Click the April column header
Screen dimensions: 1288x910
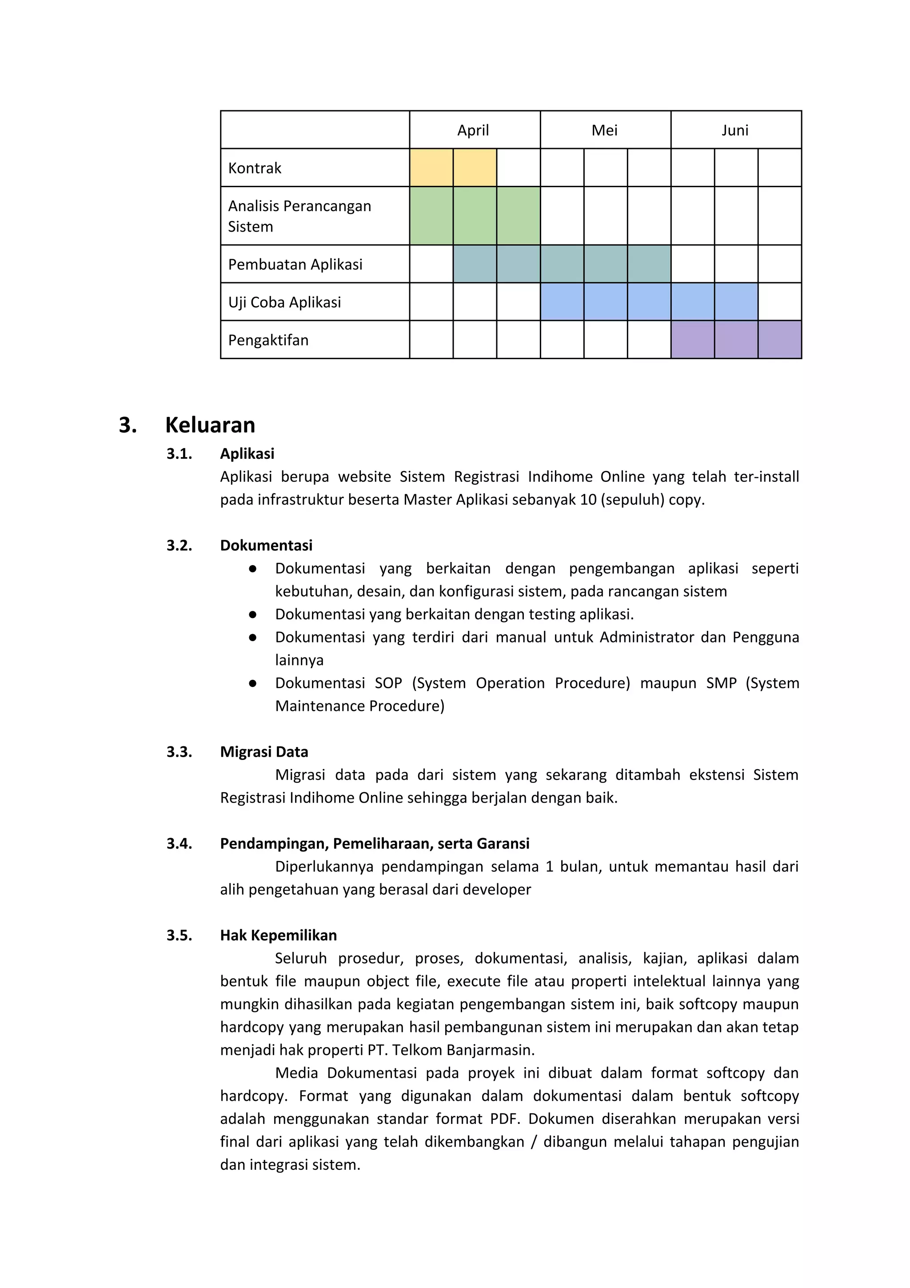pos(473,130)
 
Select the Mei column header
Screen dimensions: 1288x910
pos(604,130)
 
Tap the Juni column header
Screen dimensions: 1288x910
pos(735,130)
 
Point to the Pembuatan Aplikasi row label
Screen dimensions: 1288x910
pos(295,264)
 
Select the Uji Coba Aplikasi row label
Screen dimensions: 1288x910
pos(284,302)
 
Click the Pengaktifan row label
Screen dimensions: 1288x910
pos(268,340)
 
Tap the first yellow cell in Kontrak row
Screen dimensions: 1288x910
pos(431,168)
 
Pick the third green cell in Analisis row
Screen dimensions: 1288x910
pos(518,216)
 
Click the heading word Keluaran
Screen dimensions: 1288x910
pos(210,425)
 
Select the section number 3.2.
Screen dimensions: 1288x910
pos(180,545)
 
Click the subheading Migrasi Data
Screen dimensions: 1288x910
pos(264,752)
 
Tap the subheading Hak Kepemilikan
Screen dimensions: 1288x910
pos(278,935)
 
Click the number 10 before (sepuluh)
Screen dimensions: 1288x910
pos(588,499)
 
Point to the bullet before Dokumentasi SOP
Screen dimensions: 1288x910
pos(253,683)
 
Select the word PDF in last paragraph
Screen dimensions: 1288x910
pos(505,1119)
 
